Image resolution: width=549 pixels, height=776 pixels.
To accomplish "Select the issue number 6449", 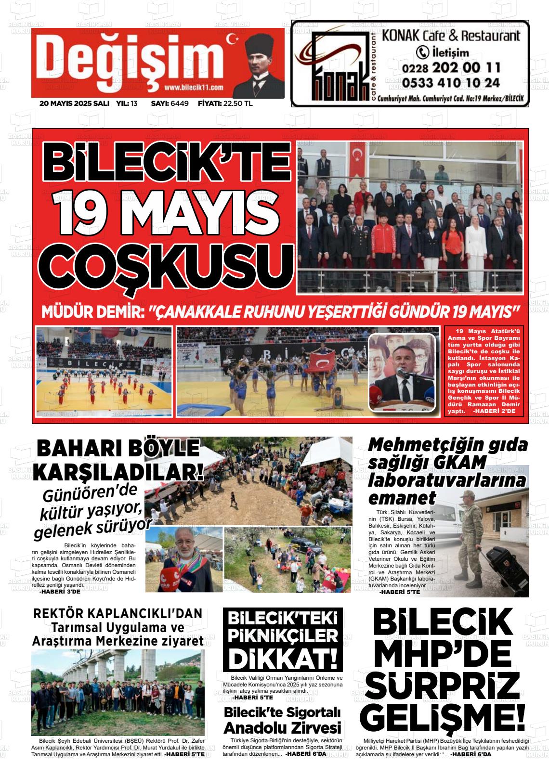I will [x=179, y=103].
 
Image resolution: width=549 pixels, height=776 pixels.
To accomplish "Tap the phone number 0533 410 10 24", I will [x=450, y=83].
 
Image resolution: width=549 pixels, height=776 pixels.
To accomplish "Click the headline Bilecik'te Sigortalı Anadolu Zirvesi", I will [x=283, y=719].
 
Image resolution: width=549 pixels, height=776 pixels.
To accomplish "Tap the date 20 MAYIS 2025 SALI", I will [x=74, y=103].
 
